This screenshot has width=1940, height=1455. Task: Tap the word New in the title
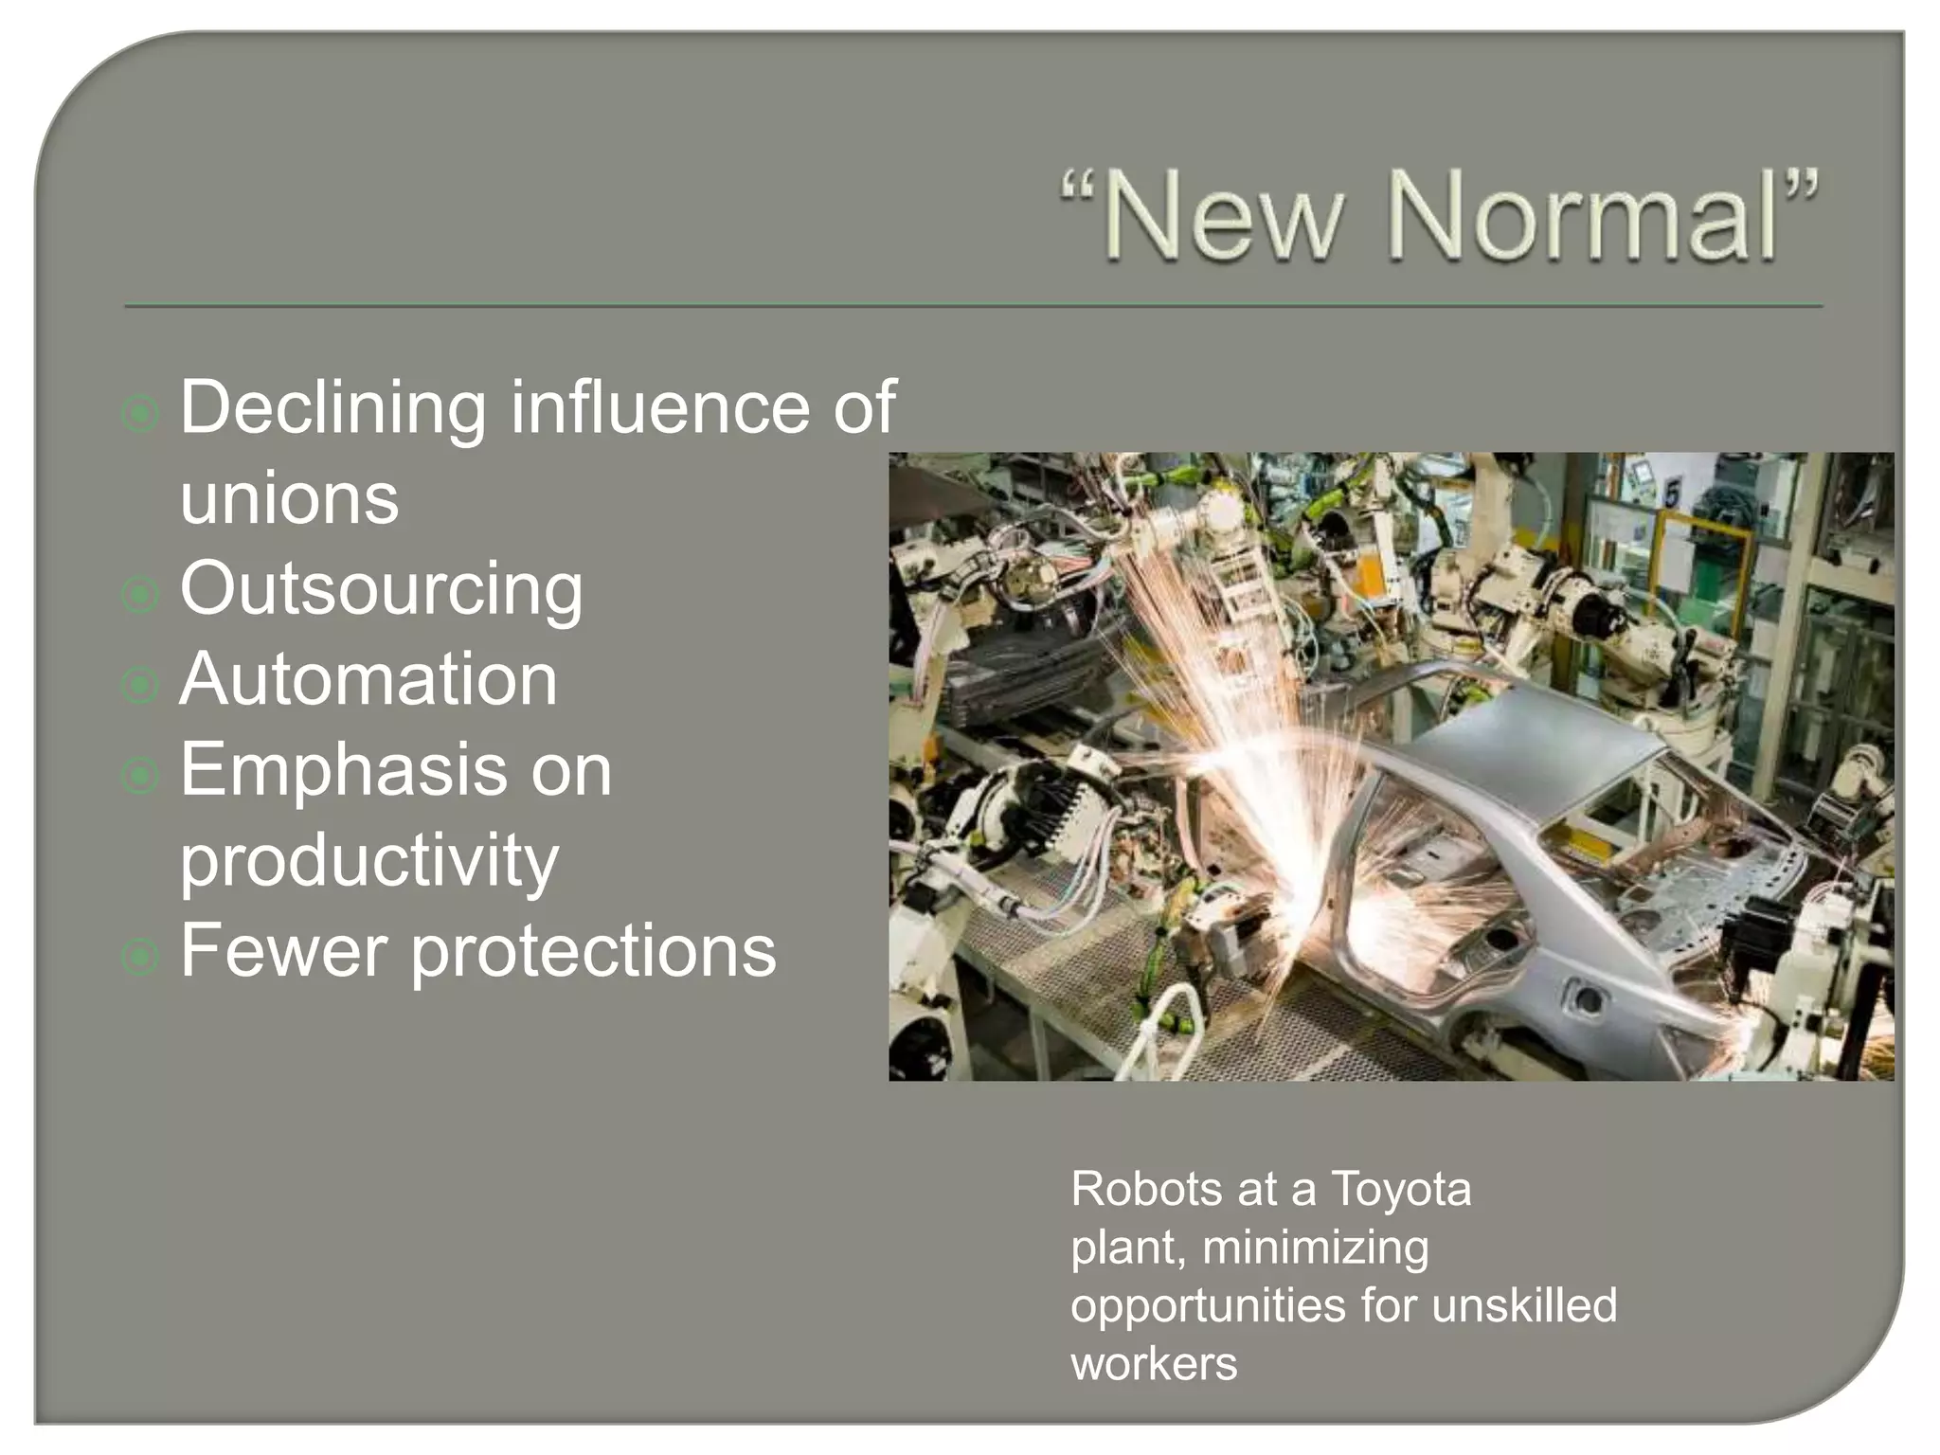[1222, 217]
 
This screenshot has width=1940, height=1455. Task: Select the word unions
[289, 498]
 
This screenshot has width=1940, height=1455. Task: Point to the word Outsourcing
[381, 590]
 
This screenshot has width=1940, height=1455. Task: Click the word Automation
[368, 679]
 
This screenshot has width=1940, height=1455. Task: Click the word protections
[593, 951]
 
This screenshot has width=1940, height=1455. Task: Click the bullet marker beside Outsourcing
[140, 595]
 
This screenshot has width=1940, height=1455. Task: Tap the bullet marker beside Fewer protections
[140, 957]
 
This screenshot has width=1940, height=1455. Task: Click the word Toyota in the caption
[1401, 1190]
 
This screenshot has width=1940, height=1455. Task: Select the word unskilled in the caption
[1524, 1305]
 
